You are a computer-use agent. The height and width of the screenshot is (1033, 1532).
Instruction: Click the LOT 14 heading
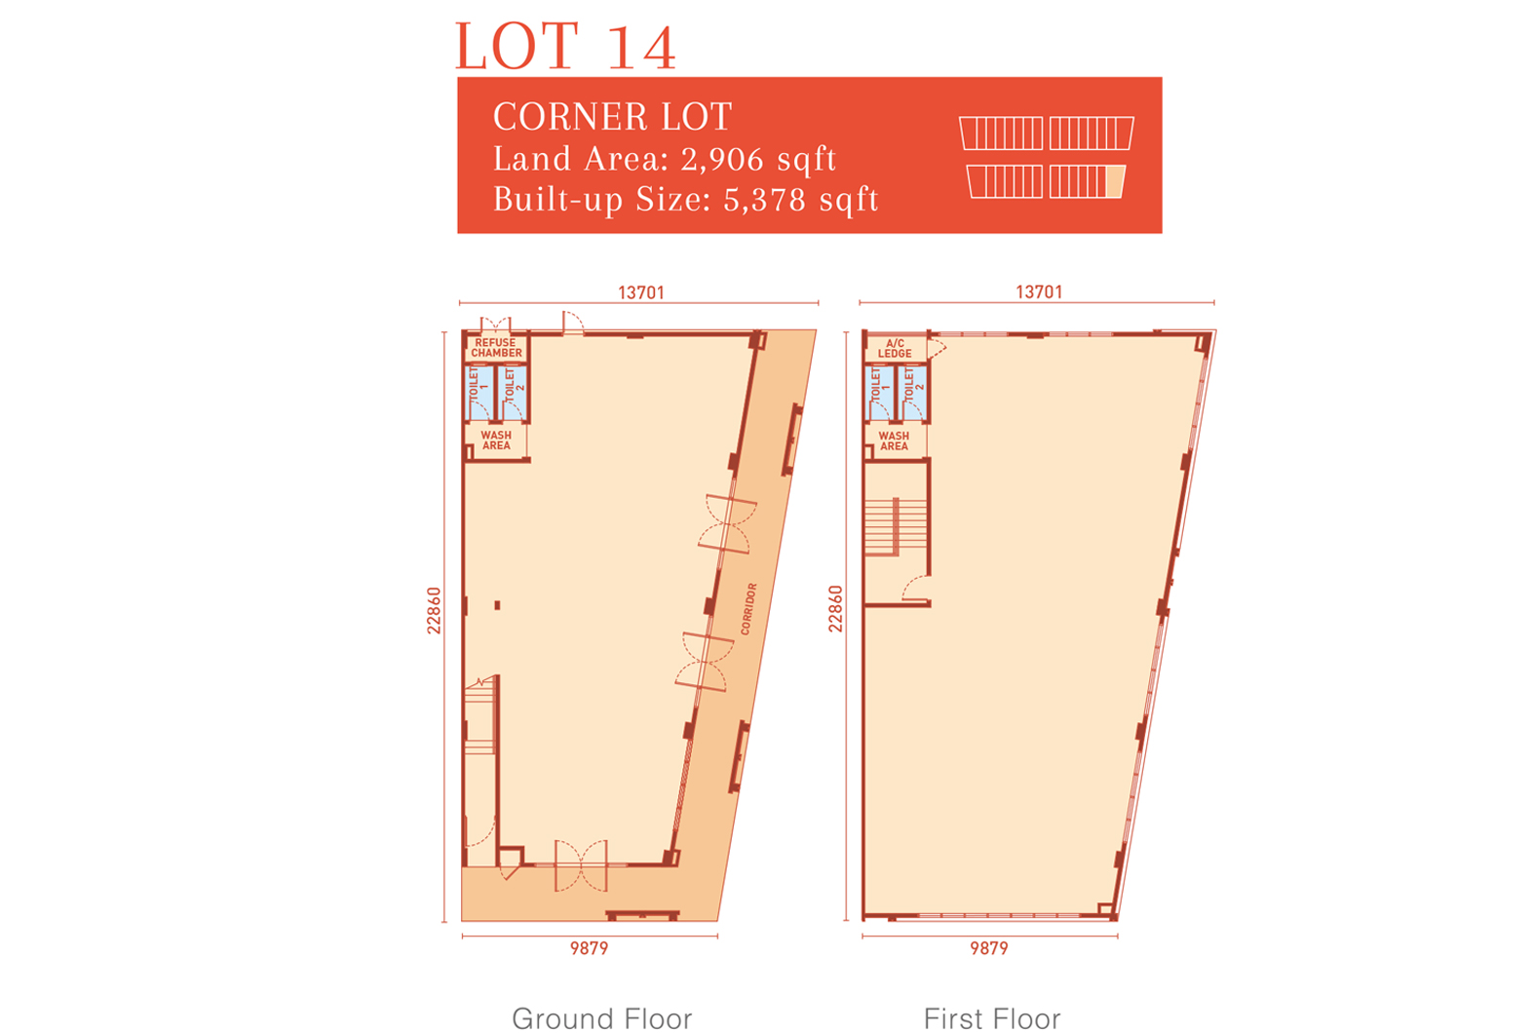click(x=565, y=46)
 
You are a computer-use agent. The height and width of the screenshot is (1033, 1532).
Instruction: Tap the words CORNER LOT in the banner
click(x=612, y=116)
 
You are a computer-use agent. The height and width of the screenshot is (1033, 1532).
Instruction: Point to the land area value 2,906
click(x=721, y=160)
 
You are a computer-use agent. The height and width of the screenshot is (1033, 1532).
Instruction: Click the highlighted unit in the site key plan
click(x=1115, y=182)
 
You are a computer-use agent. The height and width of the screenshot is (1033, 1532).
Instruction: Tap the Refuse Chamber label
click(x=496, y=348)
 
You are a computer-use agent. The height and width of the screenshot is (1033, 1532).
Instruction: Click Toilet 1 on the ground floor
click(x=479, y=393)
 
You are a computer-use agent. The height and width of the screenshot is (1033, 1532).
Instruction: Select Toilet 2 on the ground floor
click(x=513, y=393)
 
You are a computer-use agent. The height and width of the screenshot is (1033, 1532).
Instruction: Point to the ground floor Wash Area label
click(x=496, y=440)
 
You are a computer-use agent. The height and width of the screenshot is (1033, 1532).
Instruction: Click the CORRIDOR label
click(x=748, y=609)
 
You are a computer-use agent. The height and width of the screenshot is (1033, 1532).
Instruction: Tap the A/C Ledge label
click(x=895, y=348)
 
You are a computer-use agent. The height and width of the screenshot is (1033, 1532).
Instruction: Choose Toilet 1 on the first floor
click(x=878, y=394)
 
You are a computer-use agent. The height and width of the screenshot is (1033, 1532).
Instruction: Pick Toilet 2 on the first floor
click(x=913, y=394)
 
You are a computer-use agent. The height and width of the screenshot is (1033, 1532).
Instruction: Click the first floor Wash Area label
click(x=894, y=440)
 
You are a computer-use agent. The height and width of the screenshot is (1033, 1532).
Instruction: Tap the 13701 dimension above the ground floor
click(x=641, y=292)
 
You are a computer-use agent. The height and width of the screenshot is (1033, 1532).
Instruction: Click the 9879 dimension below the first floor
click(x=989, y=948)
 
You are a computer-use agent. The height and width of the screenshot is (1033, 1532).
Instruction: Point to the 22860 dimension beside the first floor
click(x=836, y=609)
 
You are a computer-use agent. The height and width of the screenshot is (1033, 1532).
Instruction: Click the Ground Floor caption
click(x=602, y=1018)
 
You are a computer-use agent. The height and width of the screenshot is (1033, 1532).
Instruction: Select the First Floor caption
click(x=992, y=1018)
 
